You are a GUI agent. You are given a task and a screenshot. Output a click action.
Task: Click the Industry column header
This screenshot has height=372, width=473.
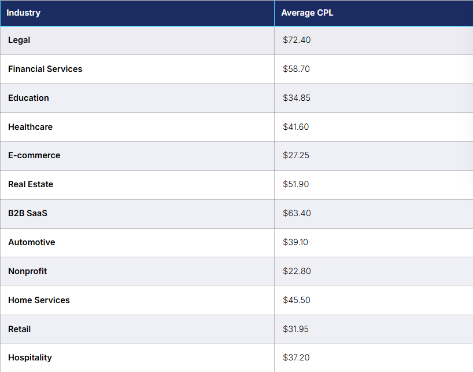pos(24,13)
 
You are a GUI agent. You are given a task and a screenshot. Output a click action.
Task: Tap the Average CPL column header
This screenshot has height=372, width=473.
pos(307,13)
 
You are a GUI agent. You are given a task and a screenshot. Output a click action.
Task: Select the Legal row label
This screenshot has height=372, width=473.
pos(19,40)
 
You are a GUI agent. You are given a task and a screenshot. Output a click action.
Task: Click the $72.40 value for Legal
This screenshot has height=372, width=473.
pos(297,40)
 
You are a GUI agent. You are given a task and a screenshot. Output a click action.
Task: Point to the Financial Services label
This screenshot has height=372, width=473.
pos(45,69)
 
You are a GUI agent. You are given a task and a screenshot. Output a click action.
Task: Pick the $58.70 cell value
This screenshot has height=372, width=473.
pos(296,69)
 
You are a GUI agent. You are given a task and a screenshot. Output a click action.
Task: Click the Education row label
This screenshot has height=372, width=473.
pos(28,98)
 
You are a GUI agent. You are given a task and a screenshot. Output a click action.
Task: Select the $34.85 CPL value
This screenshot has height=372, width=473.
pos(297,98)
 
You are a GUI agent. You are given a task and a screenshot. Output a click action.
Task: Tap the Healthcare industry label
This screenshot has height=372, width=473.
pos(30,127)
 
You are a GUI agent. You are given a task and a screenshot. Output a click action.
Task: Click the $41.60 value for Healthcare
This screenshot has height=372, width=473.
pos(296,127)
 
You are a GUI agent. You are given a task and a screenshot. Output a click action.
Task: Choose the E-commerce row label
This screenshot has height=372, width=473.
pos(34,155)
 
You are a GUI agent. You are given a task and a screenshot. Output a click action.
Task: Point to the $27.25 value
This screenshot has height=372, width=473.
pos(296,155)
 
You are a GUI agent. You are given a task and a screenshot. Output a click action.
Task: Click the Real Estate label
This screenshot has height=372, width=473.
pos(31,184)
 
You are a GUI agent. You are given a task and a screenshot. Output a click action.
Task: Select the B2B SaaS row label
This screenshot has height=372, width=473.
pos(28,213)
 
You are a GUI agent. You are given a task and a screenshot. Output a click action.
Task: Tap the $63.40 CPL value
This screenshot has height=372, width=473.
pos(297,213)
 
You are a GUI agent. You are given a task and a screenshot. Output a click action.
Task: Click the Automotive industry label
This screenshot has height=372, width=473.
pos(32,242)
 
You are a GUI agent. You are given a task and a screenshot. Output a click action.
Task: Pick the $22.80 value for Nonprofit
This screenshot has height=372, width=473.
pos(297,271)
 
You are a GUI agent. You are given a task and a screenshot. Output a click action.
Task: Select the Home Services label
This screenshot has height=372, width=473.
pos(39,300)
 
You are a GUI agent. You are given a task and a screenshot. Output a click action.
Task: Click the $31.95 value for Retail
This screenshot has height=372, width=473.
pos(295,329)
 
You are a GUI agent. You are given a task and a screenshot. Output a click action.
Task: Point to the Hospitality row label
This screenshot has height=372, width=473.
pos(30,358)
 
